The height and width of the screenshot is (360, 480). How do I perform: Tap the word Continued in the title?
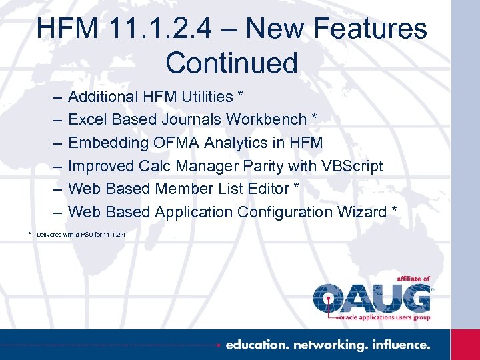tap(231, 63)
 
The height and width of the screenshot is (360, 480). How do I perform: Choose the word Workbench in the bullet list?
tap(265, 120)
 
